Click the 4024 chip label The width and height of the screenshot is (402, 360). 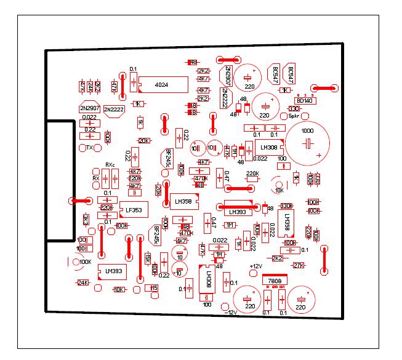(162, 84)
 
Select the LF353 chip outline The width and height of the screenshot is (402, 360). (134, 209)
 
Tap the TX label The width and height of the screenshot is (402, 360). (90, 148)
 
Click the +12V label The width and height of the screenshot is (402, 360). (256, 266)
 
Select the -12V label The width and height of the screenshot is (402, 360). (230, 312)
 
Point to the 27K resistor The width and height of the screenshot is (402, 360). (299, 265)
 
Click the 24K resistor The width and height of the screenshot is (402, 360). (83, 282)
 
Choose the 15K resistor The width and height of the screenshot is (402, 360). (148, 258)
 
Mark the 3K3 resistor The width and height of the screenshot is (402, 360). (86, 220)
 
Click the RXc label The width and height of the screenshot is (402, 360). (110, 165)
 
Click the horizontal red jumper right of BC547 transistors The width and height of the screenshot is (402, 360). (324, 89)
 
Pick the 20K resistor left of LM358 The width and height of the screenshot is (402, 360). (158, 189)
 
